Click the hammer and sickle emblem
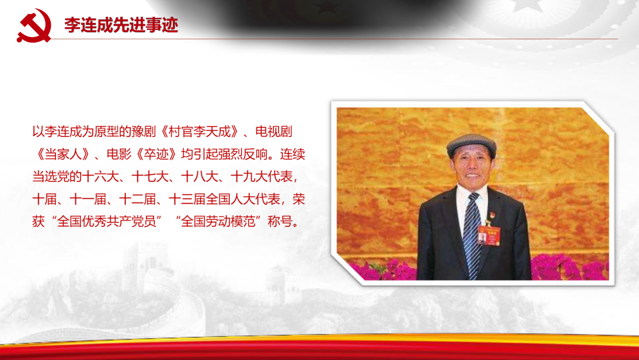[x=34, y=26]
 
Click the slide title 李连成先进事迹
[x=121, y=25]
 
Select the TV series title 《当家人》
[x=63, y=154]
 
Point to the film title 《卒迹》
[x=157, y=154]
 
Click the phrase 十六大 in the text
[x=100, y=177]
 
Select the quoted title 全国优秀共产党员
[x=107, y=222]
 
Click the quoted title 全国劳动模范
[x=218, y=222]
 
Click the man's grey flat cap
[x=471, y=145]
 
